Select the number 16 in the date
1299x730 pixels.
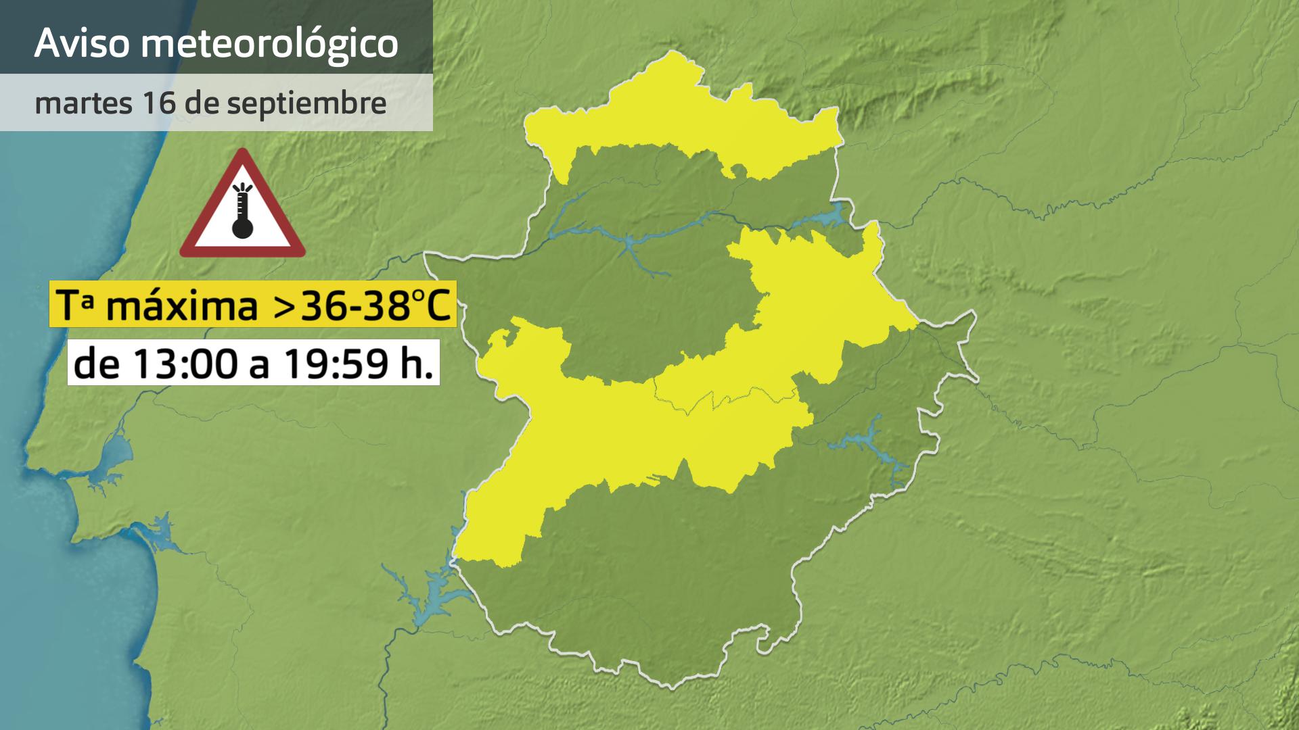pos(157,103)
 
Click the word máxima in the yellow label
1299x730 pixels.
pos(183,306)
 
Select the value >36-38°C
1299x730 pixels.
pos(361,306)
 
